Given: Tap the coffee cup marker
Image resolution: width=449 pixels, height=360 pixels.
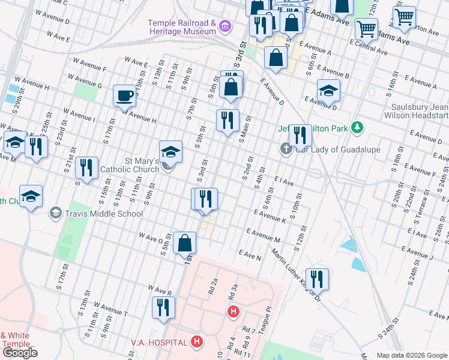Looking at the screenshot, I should [125, 96].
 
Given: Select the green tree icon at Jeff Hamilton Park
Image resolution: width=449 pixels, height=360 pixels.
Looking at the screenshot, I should [357, 127].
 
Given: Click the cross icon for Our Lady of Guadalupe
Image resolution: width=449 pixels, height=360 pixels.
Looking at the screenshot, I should [286, 149].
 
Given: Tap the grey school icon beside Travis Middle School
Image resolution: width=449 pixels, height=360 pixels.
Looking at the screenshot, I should [56, 212].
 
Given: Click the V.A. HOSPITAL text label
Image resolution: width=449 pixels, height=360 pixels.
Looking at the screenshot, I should [159, 343].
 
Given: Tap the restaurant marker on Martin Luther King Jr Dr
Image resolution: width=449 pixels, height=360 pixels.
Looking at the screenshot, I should [317, 279].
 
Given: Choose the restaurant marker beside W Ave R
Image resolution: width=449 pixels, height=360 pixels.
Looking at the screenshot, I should [163, 308].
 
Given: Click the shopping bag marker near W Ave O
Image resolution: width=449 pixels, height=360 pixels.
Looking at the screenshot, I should [184, 243].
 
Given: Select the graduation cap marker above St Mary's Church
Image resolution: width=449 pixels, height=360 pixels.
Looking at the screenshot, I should [170, 152].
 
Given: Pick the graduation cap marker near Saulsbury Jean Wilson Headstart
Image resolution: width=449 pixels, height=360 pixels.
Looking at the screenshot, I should [328, 91].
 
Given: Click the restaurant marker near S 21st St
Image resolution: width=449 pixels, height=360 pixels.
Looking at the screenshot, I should [87, 168].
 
